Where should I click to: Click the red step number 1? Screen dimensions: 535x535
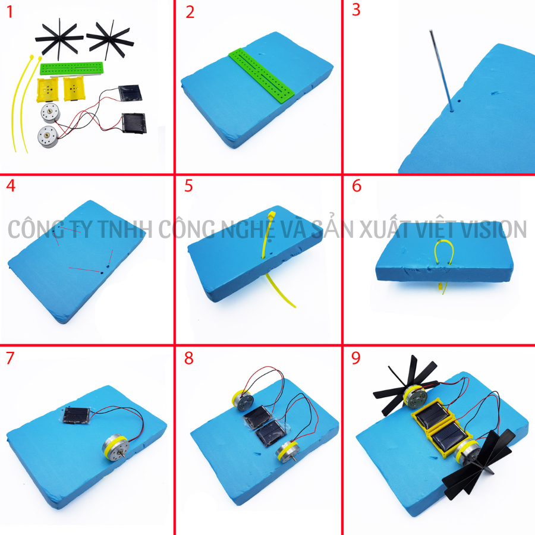coord(10,12)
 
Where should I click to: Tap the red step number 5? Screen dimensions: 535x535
coord(188,185)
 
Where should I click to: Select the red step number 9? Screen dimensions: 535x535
coord(356,358)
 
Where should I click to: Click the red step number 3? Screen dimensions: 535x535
coord(356,10)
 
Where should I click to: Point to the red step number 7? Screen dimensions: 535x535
coord(10,358)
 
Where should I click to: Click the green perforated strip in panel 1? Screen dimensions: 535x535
coord(72,68)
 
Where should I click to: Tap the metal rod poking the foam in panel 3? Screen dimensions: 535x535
coord(441,71)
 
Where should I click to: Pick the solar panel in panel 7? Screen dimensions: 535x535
coord(77,416)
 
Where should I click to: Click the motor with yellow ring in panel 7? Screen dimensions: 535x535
coord(115,447)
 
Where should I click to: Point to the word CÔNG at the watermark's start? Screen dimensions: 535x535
coord(32,229)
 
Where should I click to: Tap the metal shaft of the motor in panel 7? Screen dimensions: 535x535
coord(123,455)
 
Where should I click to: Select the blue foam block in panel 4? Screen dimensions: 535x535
coord(77,261)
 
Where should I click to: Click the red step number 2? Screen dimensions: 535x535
coord(190,12)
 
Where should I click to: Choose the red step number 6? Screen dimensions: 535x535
coord(357,185)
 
